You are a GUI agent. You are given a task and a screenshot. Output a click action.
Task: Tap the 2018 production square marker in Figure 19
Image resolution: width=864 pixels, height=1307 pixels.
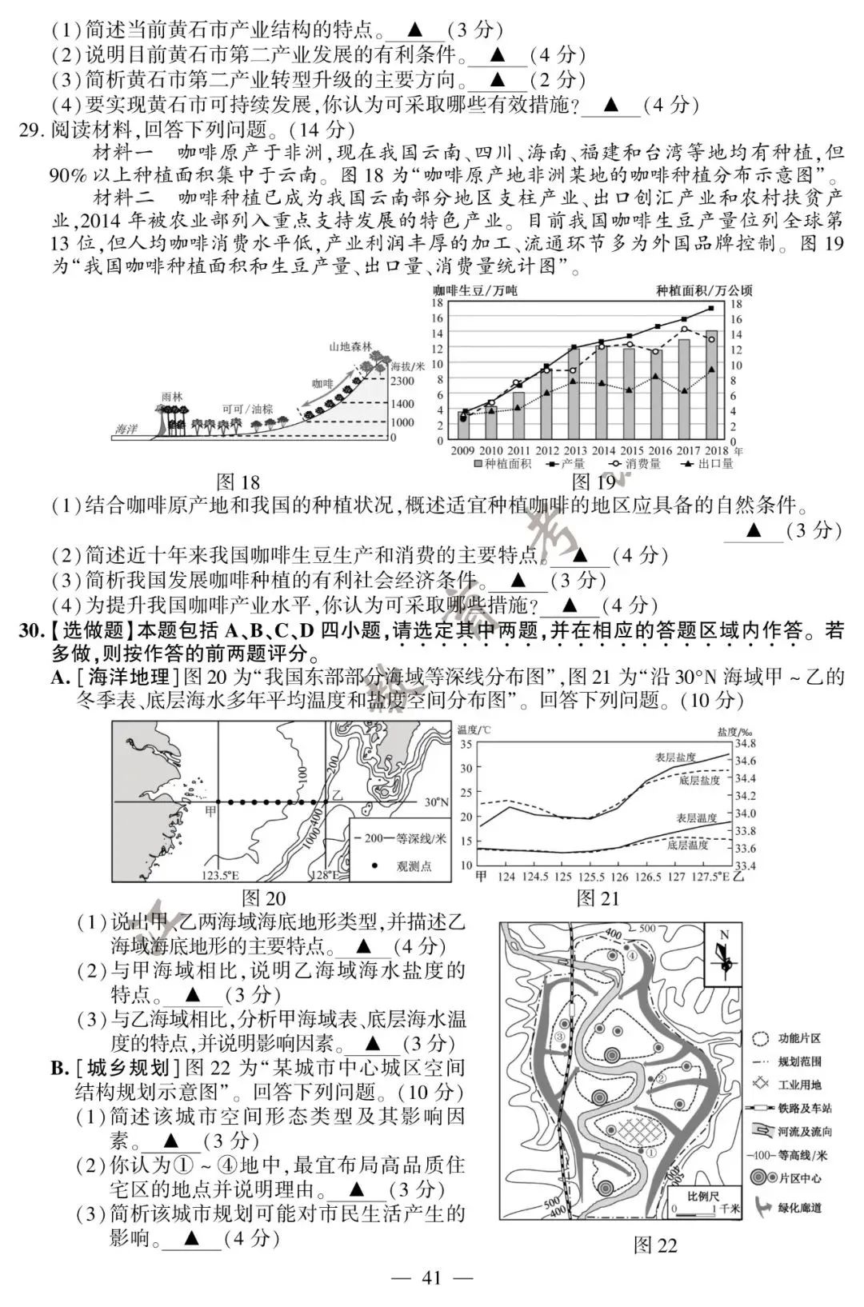710,309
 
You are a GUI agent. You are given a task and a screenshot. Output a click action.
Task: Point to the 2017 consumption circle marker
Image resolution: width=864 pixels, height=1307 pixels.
684,329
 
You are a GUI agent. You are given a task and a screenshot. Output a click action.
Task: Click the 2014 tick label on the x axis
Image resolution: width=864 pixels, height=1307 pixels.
602,450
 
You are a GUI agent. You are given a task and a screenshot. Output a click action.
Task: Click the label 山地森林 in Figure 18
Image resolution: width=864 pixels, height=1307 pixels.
350,346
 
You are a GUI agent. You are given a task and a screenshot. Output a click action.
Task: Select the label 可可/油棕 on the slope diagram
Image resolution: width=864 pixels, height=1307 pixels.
247,409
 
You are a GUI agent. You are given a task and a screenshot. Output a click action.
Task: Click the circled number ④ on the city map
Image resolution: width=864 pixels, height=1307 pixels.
631,955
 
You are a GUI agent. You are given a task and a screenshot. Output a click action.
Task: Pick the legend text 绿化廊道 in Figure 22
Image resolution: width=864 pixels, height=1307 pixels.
799,1208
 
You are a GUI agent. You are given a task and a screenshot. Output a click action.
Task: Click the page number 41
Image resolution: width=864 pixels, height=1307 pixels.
431,1277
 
